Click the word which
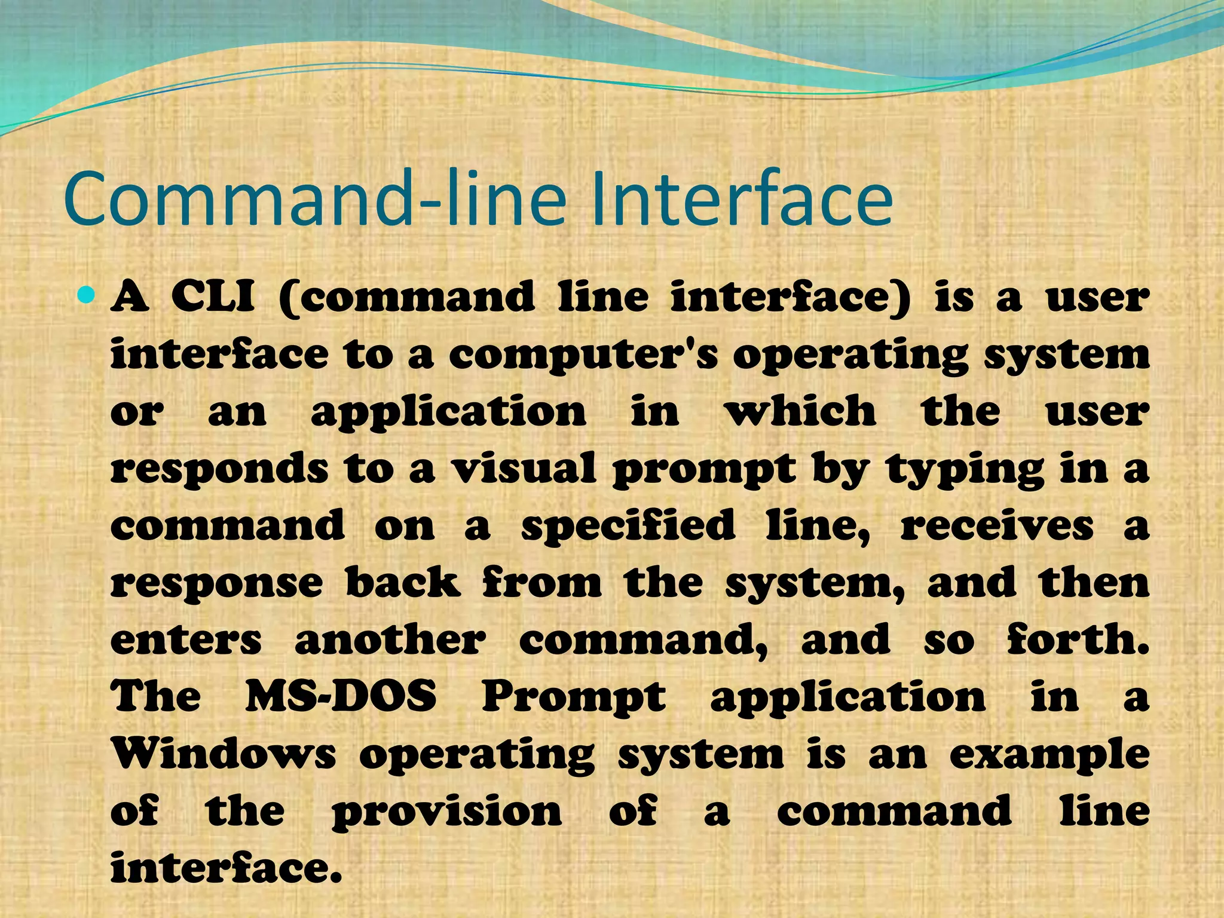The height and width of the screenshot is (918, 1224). [x=800, y=412]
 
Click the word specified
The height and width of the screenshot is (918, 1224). [x=628, y=527]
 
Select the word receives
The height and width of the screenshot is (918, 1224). [x=997, y=527]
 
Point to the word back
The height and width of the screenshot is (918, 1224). [x=403, y=582]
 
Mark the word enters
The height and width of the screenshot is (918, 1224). [x=186, y=640]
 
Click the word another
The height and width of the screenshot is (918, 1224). [x=390, y=640]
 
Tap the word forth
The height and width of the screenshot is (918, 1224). [x=1078, y=639]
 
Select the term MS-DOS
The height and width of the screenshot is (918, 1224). [x=341, y=696]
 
